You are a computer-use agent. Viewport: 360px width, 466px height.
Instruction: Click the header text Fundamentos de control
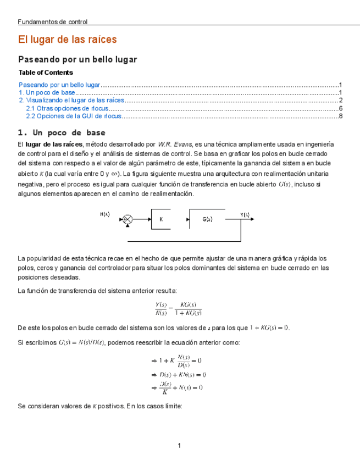(53, 22)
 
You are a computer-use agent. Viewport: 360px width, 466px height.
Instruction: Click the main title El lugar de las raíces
(68, 40)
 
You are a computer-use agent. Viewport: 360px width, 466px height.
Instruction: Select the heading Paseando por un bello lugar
(77, 59)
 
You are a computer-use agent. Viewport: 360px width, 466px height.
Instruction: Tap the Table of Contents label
(46, 73)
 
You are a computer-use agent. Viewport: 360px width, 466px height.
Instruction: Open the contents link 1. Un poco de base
(47, 93)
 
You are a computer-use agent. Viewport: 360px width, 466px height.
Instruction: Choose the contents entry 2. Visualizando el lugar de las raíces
(72, 101)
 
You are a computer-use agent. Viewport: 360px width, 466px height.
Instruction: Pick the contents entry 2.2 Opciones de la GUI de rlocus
(74, 116)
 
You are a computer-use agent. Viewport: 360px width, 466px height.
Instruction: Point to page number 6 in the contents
(341, 108)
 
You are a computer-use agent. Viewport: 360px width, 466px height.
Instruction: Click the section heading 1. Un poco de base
(62, 133)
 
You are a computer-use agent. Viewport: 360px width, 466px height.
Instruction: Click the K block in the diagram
(161, 219)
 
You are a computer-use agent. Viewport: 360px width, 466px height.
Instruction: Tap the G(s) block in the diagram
(207, 219)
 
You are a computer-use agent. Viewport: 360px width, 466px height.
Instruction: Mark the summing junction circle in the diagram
(128, 219)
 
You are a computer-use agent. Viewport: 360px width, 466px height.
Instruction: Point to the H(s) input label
(105, 214)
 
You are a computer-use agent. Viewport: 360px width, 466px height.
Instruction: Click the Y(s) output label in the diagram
(245, 215)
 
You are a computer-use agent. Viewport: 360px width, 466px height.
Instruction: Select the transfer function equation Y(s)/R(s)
(178, 309)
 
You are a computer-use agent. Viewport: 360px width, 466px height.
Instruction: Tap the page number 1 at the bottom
(179, 445)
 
